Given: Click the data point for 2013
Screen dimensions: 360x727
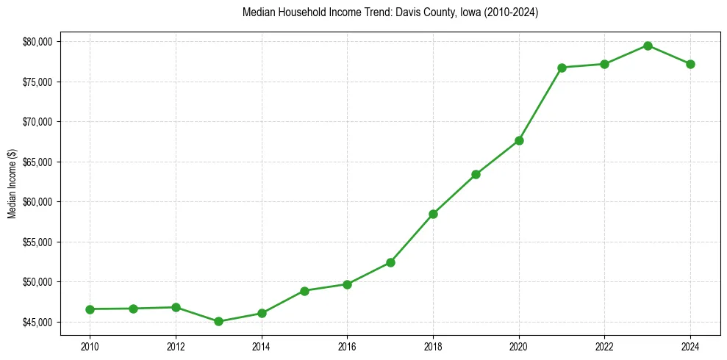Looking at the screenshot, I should [x=218, y=321].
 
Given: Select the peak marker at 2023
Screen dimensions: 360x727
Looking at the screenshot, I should [x=648, y=46].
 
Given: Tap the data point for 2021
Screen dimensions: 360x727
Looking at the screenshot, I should [x=562, y=68].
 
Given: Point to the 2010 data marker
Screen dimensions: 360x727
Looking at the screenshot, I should [x=90, y=309].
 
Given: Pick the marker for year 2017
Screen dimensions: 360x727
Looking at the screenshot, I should [x=390, y=262].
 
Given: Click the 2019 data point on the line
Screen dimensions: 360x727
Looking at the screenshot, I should [x=476, y=174].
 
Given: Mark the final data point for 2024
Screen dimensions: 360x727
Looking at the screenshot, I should [x=690, y=64].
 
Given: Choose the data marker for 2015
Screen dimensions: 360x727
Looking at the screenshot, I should [x=304, y=291].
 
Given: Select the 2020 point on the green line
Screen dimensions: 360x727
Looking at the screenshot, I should [x=519, y=140].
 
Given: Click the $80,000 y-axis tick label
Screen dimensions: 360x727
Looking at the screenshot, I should [x=38, y=42].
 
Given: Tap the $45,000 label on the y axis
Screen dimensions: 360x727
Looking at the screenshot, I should [x=38, y=323].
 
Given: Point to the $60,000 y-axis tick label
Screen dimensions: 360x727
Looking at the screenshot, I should [x=38, y=202].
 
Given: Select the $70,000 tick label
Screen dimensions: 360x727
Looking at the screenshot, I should [x=38, y=122].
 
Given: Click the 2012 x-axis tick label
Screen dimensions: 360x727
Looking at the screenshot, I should [x=176, y=346].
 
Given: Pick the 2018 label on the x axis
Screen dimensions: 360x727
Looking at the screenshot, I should [x=433, y=346].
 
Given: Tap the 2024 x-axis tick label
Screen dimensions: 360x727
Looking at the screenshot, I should [x=690, y=346].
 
